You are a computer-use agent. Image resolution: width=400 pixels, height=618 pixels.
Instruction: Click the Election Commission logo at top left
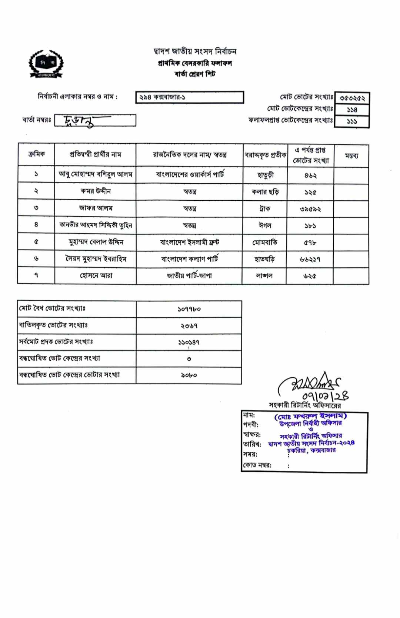[46, 64]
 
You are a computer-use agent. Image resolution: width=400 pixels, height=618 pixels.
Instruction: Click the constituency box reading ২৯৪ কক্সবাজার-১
[189, 97]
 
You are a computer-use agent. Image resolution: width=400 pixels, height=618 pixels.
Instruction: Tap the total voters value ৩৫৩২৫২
[352, 98]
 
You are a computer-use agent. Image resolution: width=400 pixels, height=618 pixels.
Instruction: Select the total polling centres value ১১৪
[352, 110]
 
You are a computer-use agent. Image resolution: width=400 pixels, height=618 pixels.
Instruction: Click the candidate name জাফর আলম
[95, 208]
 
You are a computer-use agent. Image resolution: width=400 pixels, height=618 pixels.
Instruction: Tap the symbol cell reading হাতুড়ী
[265, 175]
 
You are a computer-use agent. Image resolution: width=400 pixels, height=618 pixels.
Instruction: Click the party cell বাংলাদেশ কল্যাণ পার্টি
[189, 259]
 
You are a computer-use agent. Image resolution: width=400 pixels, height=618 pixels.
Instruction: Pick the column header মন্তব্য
[351, 156]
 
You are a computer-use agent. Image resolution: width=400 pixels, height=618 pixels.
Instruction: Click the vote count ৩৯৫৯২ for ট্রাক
[310, 209]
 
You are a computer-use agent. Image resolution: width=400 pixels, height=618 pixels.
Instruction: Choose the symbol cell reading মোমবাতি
[264, 243]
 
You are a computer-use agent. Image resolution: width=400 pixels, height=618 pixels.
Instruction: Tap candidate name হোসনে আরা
[96, 276]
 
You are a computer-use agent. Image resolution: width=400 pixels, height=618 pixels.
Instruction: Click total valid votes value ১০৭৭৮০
[189, 309]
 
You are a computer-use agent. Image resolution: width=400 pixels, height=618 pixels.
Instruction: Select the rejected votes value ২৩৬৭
[189, 326]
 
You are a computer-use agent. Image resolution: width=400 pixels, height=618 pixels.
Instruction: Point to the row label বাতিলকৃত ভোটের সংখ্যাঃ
[53, 325]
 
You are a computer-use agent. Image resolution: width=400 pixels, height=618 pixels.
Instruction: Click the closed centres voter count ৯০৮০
[189, 375]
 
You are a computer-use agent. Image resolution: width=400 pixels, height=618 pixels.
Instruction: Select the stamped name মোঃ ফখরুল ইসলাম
[310, 416]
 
